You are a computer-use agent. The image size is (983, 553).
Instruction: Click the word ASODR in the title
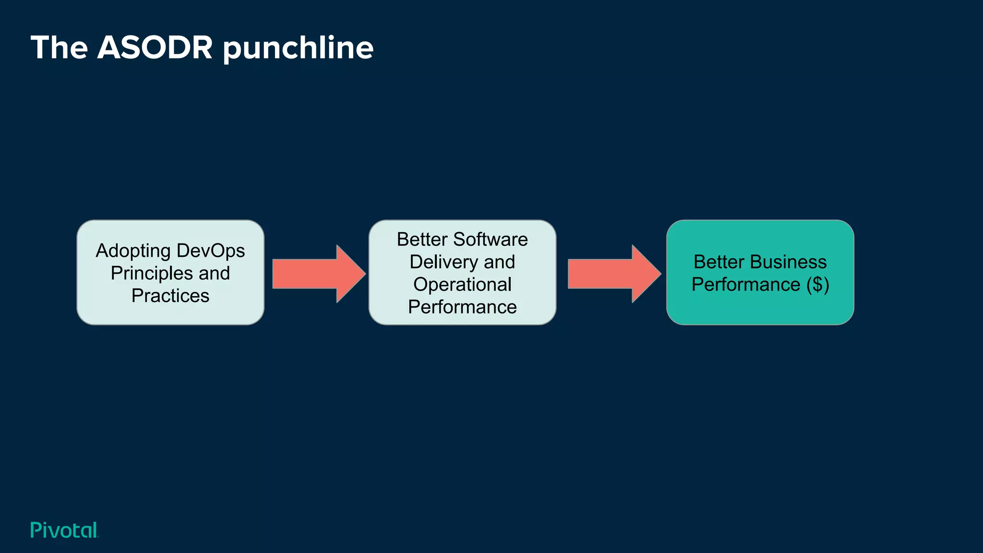click(x=155, y=48)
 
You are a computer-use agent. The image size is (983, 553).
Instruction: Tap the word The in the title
click(x=59, y=48)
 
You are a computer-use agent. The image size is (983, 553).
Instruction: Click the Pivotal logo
click(x=64, y=530)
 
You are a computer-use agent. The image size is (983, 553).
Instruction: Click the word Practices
click(x=170, y=296)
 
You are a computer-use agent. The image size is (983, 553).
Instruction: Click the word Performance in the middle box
click(x=462, y=307)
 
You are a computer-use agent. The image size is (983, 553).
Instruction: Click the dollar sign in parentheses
click(x=818, y=284)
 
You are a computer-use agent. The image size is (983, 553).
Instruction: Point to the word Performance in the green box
click(x=745, y=285)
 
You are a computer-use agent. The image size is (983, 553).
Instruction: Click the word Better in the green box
click(x=718, y=262)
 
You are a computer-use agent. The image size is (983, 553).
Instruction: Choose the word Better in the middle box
click(x=422, y=239)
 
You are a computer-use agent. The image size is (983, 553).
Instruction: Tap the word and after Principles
click(x=214, y=273)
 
